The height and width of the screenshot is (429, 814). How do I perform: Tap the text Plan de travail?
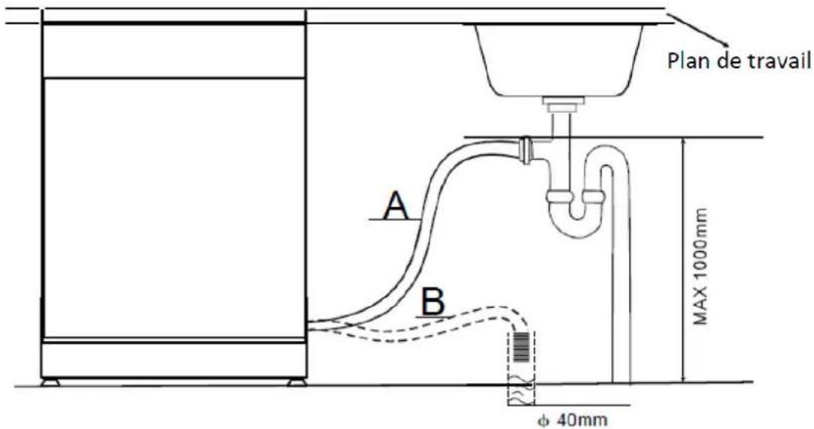click(740, 61)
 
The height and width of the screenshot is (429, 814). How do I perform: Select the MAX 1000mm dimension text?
click(701, 266)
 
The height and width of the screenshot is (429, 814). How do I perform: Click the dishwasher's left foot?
click(50, 383)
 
